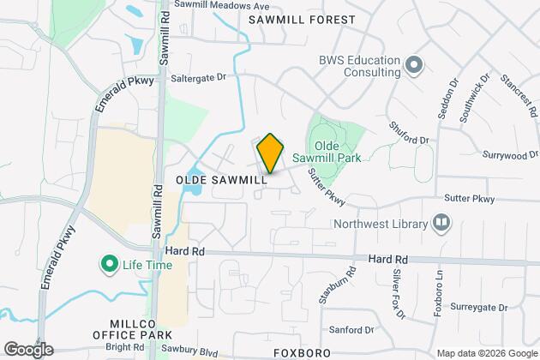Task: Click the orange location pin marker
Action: point(270,153)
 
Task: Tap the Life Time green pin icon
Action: point(110,262)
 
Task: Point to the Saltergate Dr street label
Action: point(201,77)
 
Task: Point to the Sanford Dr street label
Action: point(352,329)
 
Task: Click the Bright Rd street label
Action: point(125,347)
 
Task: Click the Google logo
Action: point(28,349)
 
